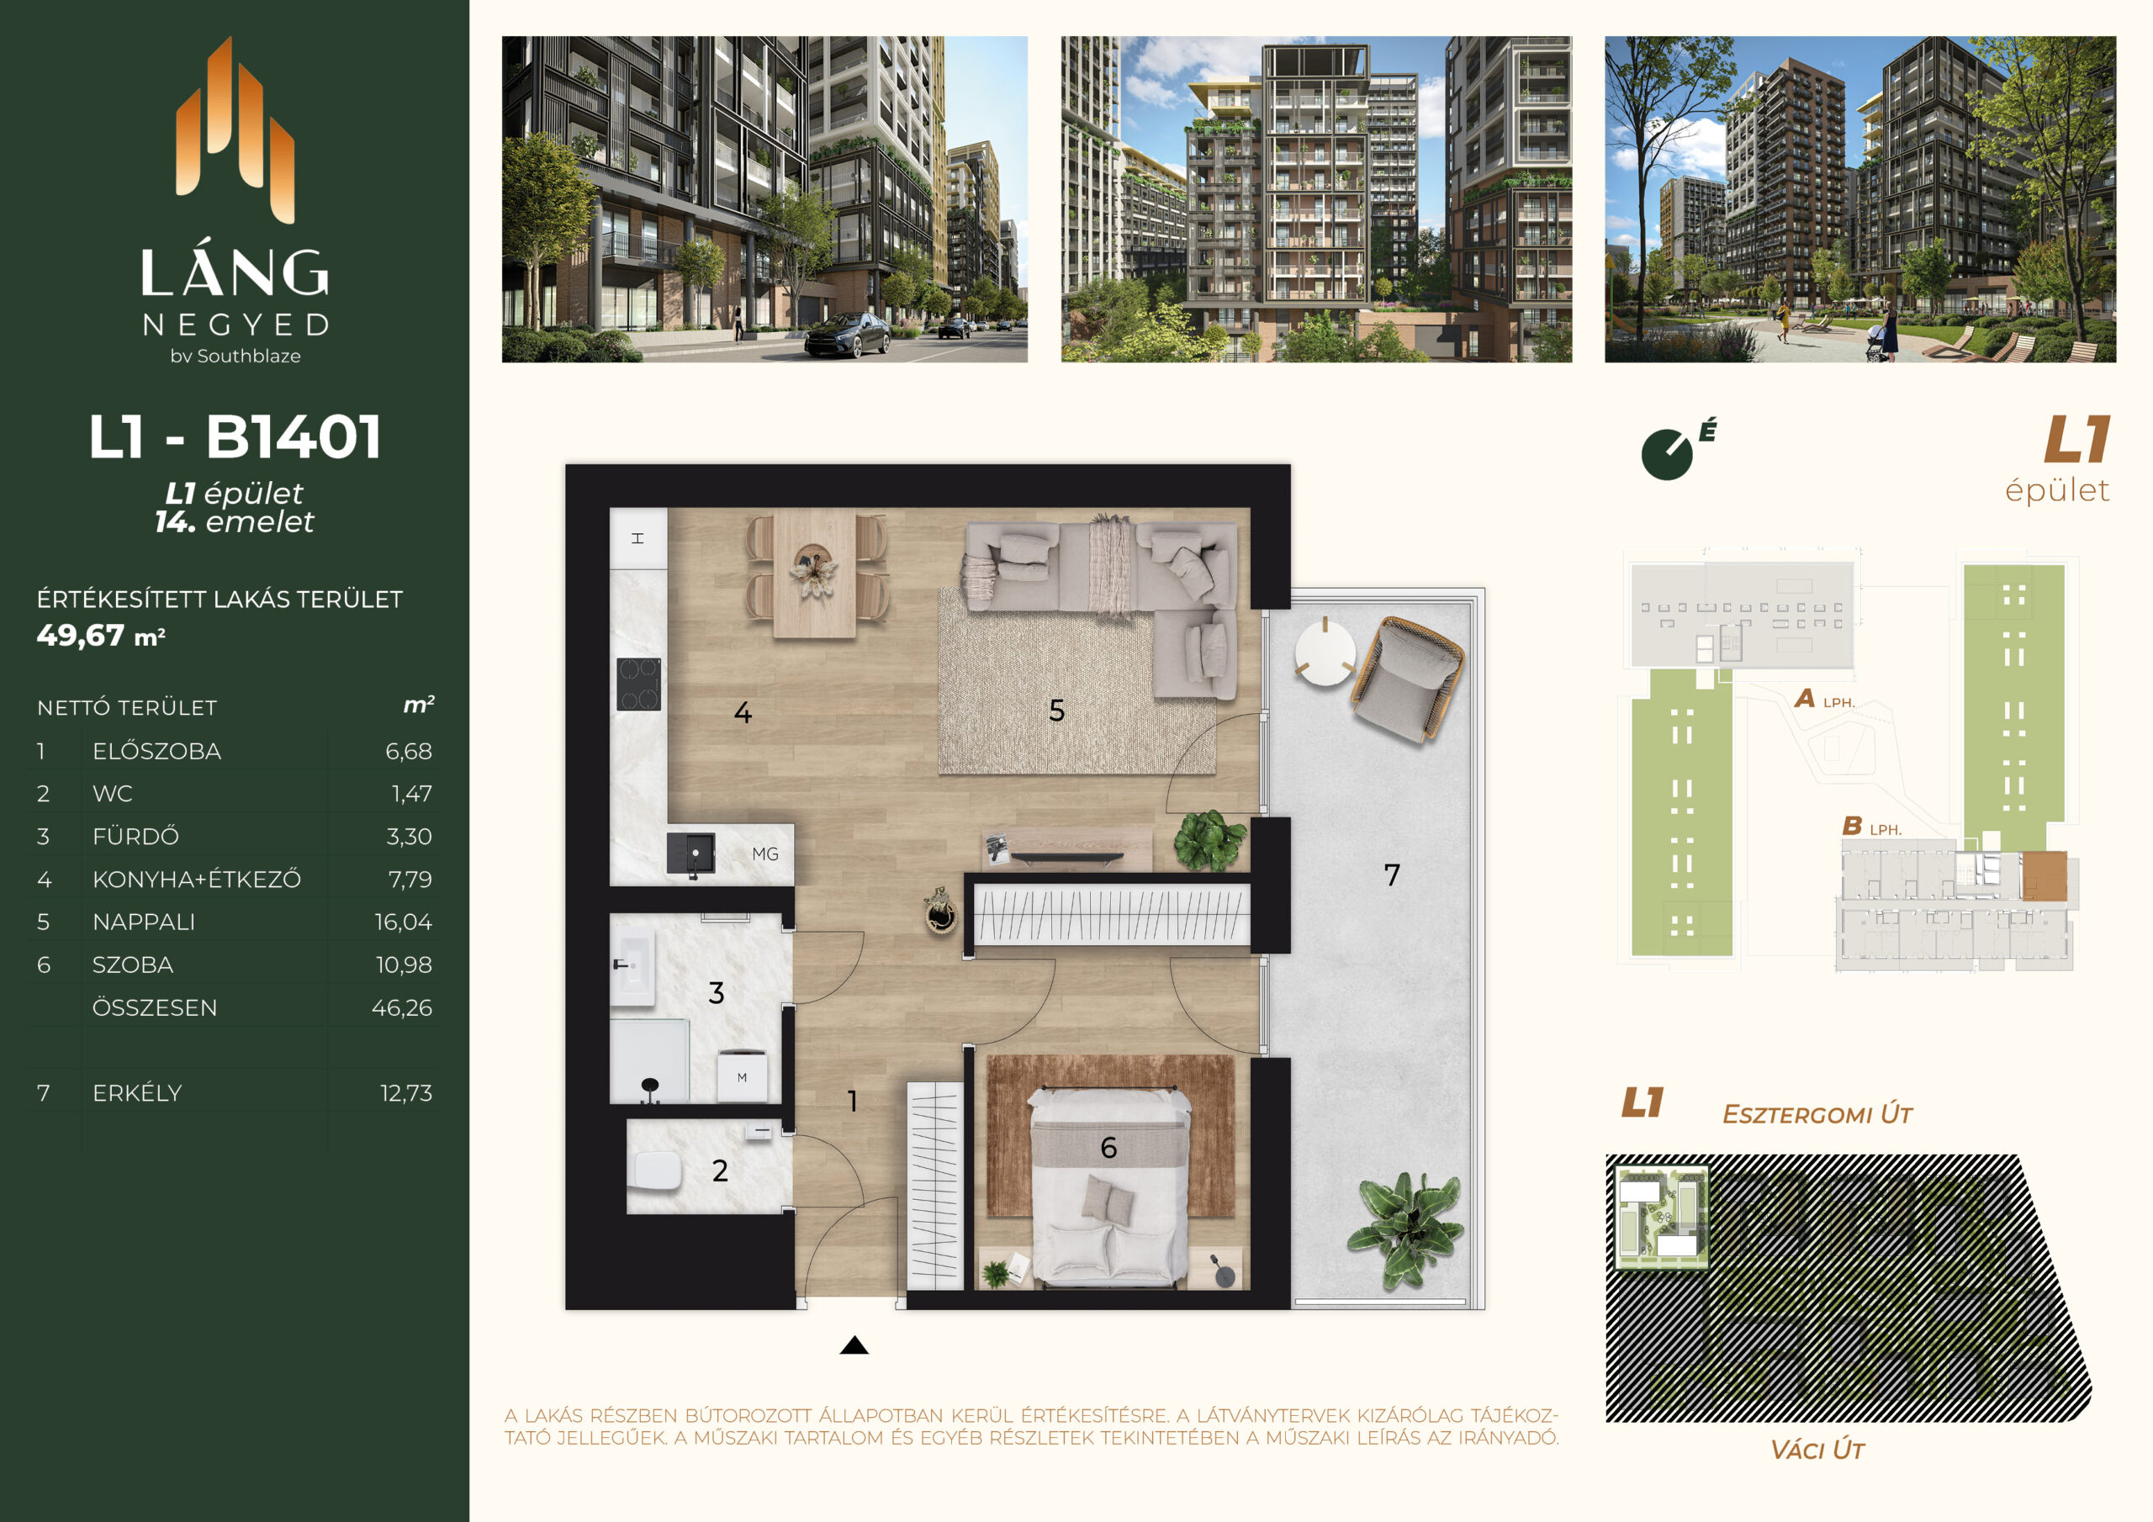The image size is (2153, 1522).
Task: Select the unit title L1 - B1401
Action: (x=235, y=437)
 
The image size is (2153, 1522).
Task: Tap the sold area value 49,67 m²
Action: (x=101, y=636)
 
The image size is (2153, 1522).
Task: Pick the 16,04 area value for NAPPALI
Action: (x=403, y=922)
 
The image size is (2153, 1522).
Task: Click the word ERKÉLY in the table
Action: (x=137, y=1092)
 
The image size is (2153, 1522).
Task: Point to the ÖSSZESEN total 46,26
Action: (x=401, y=1008)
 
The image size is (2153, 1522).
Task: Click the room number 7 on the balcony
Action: (x=1392, y=875)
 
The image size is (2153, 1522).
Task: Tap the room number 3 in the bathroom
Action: (x=717, y=993)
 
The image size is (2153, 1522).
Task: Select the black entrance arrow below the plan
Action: (x=854, y=1345)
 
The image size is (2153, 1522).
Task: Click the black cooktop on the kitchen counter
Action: (x=638, y=684)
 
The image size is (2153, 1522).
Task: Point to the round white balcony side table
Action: (x=1325, y=651)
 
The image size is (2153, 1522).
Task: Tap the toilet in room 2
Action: (x=659, y=1171)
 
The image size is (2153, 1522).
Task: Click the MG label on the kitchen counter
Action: (x=765, y=854)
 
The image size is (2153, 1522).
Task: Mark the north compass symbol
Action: (x=1669, y=454)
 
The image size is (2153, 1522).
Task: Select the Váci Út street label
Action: (x=1817, y=1450)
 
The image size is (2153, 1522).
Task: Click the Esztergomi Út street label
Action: (x=1817, y=1114)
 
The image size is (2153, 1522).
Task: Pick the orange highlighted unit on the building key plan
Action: (x=2045, y=876)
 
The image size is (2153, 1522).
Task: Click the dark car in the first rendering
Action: (x=848, y=335)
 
